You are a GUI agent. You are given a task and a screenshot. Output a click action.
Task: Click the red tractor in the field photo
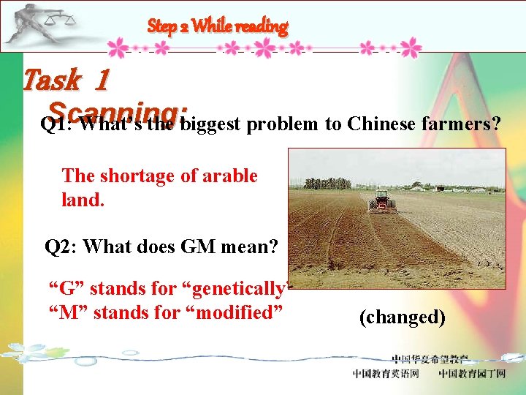[x=381, y=200]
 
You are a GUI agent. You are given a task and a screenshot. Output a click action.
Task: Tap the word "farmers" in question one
[x=461, y=124]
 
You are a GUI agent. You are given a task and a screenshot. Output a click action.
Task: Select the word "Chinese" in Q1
[x=381, y=124]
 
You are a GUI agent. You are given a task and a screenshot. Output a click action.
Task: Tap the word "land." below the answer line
[x=83, y=199]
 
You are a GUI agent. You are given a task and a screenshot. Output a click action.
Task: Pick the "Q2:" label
[x=61, y=247]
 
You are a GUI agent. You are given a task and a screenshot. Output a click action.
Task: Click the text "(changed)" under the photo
[x=402, y=317]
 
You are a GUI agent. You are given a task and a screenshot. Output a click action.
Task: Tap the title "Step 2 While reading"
[x=218, y=26]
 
